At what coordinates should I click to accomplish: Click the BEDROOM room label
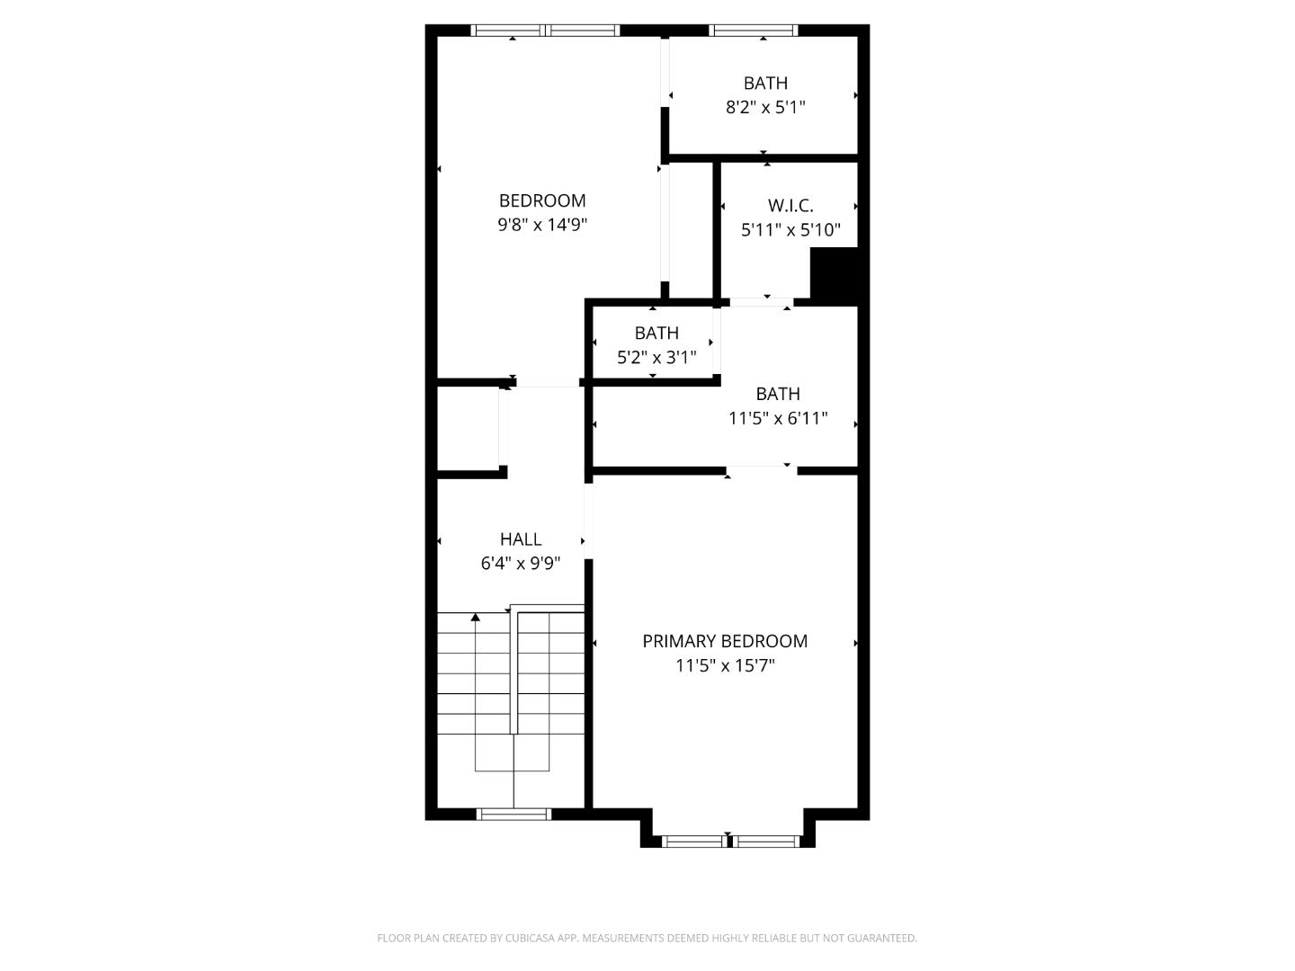click(542, 200)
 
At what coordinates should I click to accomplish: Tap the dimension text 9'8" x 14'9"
click(542, 225)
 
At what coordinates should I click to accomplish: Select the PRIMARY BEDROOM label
click(725, 641)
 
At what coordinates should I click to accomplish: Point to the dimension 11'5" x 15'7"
click(725, 666)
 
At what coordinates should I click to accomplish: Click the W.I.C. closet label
click(790, 206)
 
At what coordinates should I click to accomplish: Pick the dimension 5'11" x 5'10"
click(790, 230)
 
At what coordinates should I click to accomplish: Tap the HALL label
click(521, 539)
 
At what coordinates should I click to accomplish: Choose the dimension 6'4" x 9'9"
click(521, 564)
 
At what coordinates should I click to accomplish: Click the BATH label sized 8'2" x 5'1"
click(765, 84)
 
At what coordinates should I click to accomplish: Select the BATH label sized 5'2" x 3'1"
click(656, 334)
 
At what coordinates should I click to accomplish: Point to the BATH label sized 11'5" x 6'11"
click(778, 394)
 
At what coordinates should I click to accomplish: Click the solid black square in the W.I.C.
click(834, 273)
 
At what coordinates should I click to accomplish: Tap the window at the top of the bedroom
click(546, 31)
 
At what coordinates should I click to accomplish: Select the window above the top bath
click(754, 31)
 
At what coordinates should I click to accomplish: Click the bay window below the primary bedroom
click(728, 842)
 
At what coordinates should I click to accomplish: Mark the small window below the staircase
click(514, 815)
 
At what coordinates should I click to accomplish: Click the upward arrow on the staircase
click(476, 617)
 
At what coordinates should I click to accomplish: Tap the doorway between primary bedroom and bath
click(761, 469)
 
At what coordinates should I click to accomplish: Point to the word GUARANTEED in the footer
click(883, 938)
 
